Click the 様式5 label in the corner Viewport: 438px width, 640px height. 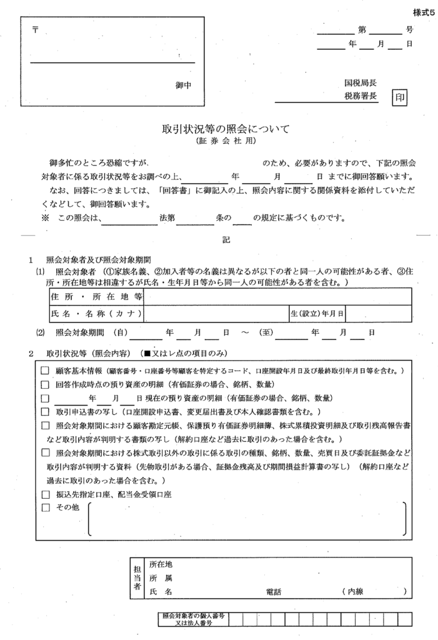pyautogui.click(x=423, y=13)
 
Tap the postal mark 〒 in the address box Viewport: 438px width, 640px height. pyautogui.click(x=35, y=31)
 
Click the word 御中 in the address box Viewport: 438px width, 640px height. pyautogui.click(x=183, y=85)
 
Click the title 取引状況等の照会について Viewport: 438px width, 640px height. pyautogui.click(x=226, y=129)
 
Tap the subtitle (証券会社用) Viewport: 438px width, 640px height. pyautogui.click(x=226, y=142)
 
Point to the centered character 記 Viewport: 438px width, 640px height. pyautogui.click(x=226, y=239)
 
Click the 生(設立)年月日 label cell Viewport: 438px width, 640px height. pyautogui.click(x=317, y=312)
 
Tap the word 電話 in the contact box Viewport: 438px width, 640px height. pyautogui.click(x=274, y=591)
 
